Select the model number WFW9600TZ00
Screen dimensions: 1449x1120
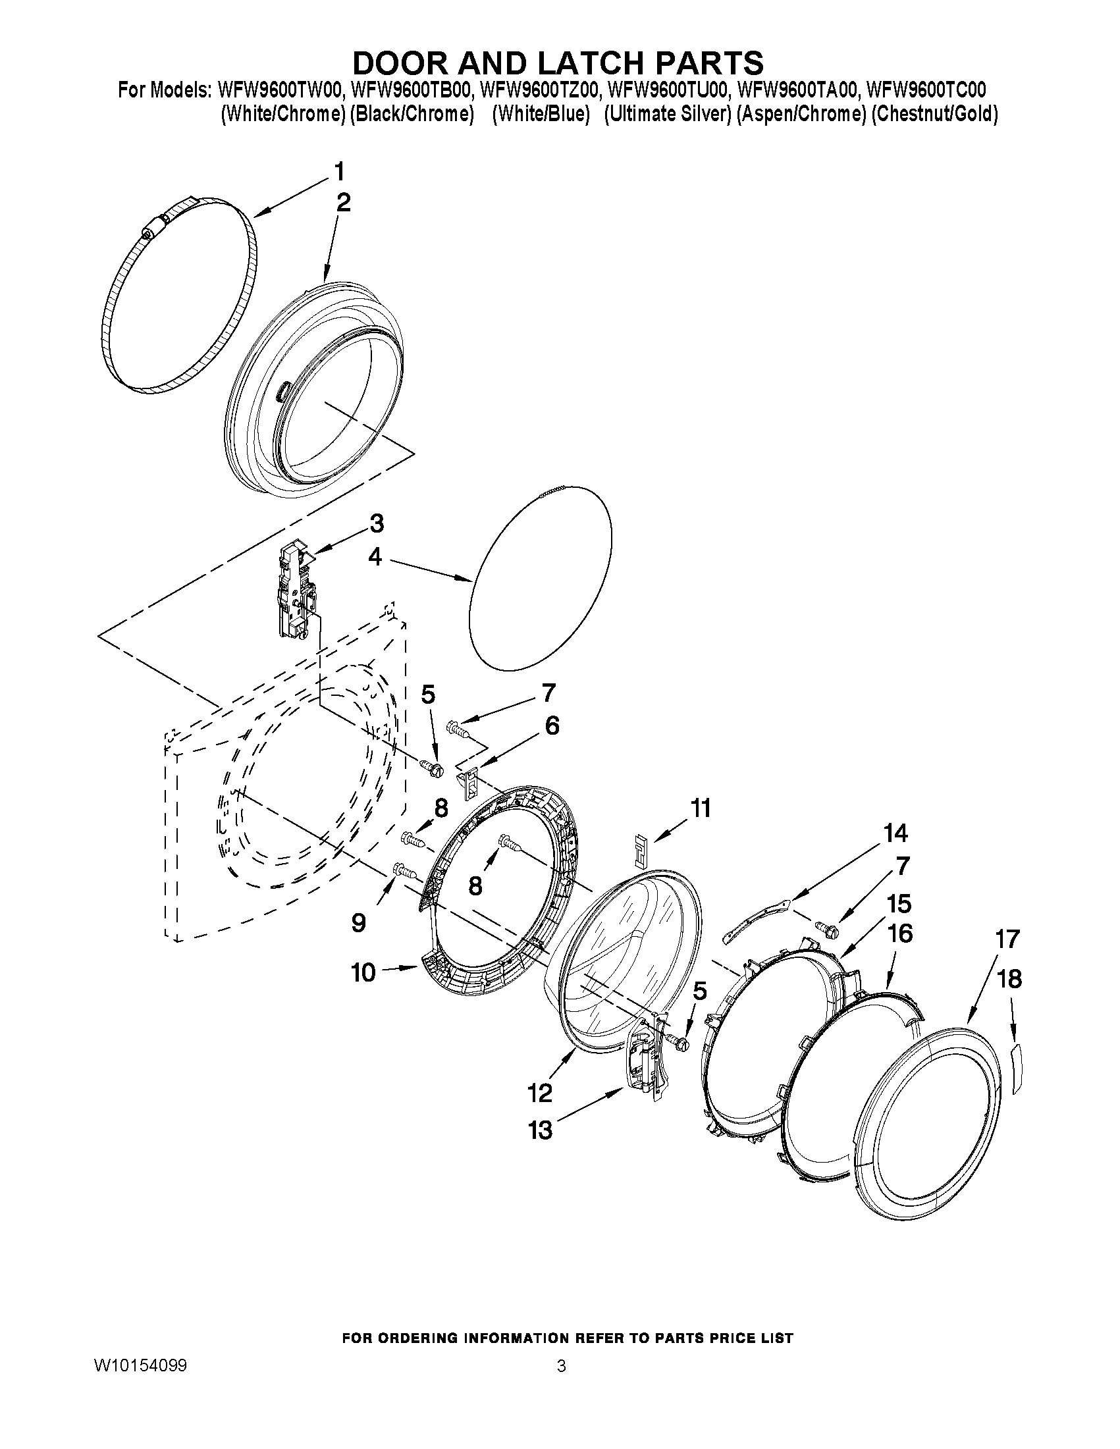539,89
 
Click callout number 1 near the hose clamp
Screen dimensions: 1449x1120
339,172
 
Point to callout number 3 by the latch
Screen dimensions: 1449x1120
376,523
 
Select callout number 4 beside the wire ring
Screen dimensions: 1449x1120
375,558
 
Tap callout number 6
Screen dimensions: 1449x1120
552,726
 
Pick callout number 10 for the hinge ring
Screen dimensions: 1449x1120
363,972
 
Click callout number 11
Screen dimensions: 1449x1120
701,808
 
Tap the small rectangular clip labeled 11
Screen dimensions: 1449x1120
641,851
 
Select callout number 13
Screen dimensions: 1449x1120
541,1130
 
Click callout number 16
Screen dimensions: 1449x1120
900,934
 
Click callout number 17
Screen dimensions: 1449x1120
1007,939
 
